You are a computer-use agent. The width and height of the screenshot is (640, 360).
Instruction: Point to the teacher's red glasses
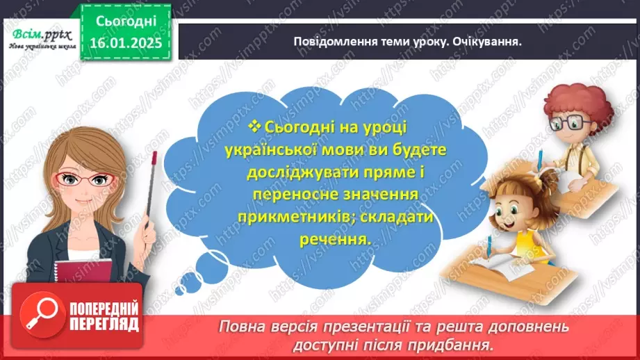85,179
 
